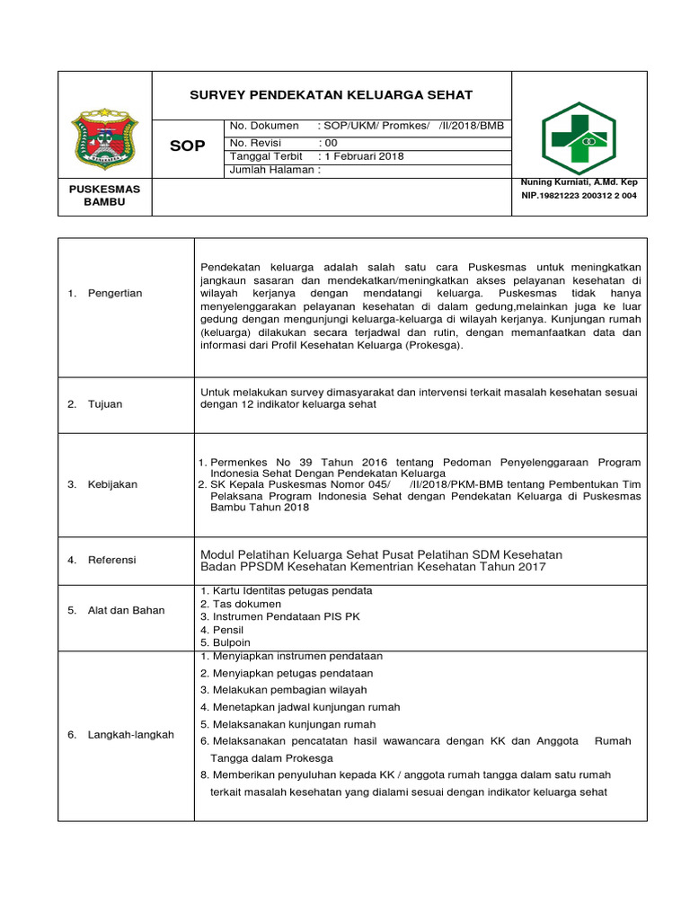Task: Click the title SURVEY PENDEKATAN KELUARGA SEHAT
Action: tap(331, 95)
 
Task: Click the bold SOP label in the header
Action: tap(188, 146)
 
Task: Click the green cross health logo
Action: tap(578, 138)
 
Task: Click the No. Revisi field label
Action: tap(256, 143)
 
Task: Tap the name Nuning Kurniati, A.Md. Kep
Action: tap(579, 182)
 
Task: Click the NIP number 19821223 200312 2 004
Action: tap(579, 196)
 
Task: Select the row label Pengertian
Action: tap(114, 294)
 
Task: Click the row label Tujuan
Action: tap(105, 404)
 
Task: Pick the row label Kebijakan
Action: tap(112, 484)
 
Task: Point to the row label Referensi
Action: tap(111, 560)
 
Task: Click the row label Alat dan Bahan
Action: tap(126, 610)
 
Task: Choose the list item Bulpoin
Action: tap(230, 642)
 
